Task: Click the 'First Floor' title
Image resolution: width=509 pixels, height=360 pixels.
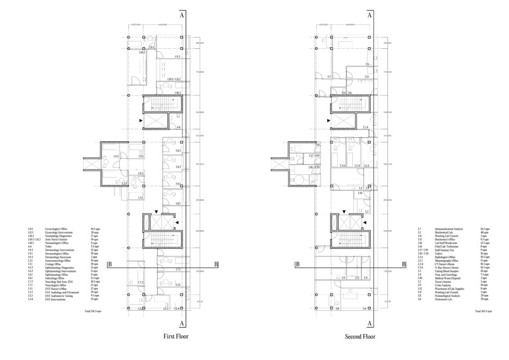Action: (x=176, y=337)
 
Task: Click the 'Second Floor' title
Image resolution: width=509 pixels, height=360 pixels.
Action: (x=360, y=337)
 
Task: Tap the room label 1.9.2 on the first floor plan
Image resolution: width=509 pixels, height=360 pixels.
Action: (x=116, y=157)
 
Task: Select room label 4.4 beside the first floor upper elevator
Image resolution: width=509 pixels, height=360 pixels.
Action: (x=178, y=128)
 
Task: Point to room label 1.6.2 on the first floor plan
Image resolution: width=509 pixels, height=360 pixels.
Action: (x=178, y=167)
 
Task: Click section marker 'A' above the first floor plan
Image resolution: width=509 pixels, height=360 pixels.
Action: (x=183, y=15)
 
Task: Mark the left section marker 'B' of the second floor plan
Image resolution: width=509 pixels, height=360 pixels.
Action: (x=297, y=265)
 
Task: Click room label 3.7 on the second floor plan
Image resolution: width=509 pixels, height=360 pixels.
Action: (x=329, y=77)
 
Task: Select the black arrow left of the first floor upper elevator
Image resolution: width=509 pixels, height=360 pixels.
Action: (x=141, y=120)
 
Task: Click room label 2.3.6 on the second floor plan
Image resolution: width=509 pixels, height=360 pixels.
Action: (x=342, y=166)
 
